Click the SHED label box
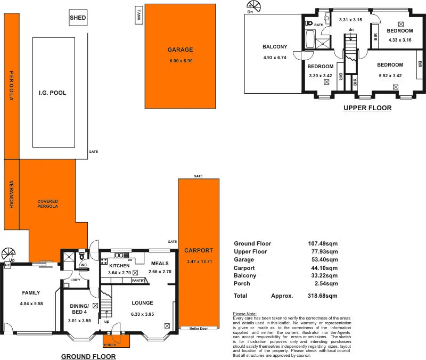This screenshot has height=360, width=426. (x=78, y=18)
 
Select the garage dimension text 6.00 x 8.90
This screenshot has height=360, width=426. (x=180, y=61)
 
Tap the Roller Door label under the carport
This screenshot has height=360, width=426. (x=199, y=329)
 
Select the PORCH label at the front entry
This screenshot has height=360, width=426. (x=110, y=345)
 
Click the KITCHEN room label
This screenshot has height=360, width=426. (x=120, y=265)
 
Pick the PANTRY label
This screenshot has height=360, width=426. (x=138, y=280)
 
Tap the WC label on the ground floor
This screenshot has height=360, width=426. (x=84, y=265)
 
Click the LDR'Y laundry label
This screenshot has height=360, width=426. (x=75, y=281)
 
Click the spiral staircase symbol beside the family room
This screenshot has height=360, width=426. (x=8, y=253)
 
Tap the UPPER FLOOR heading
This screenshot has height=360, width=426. (x=367, y=108)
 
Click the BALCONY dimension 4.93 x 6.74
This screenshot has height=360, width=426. (x=275, y=58)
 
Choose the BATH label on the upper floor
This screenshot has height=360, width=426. (x=318, y=25)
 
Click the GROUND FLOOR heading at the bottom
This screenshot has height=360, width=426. (x=88, y=356)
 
